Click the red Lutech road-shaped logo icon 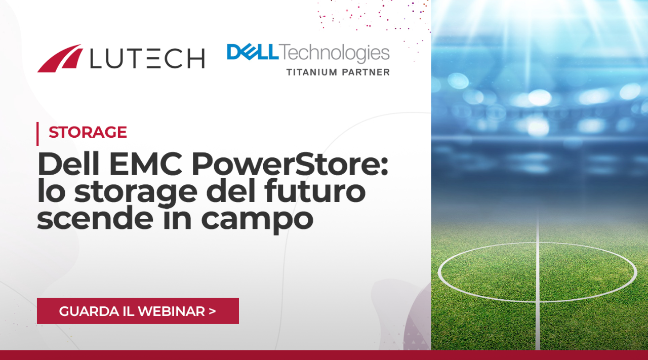(x=59, y=58)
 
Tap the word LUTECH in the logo (x=147, y=58)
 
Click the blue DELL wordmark (x=253, y=52)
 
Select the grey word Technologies (x=335, y=54)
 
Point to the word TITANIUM (x=312, y=72)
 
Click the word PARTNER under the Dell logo (x=366, y=72)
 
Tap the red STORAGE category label (x=88, y=132)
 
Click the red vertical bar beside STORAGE (x=37, y=134)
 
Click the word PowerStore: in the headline (x=290, y=164)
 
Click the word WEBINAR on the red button (x=171, y=311)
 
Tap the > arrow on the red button (x=212, y=311)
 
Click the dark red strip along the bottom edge (x=324, y=355)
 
